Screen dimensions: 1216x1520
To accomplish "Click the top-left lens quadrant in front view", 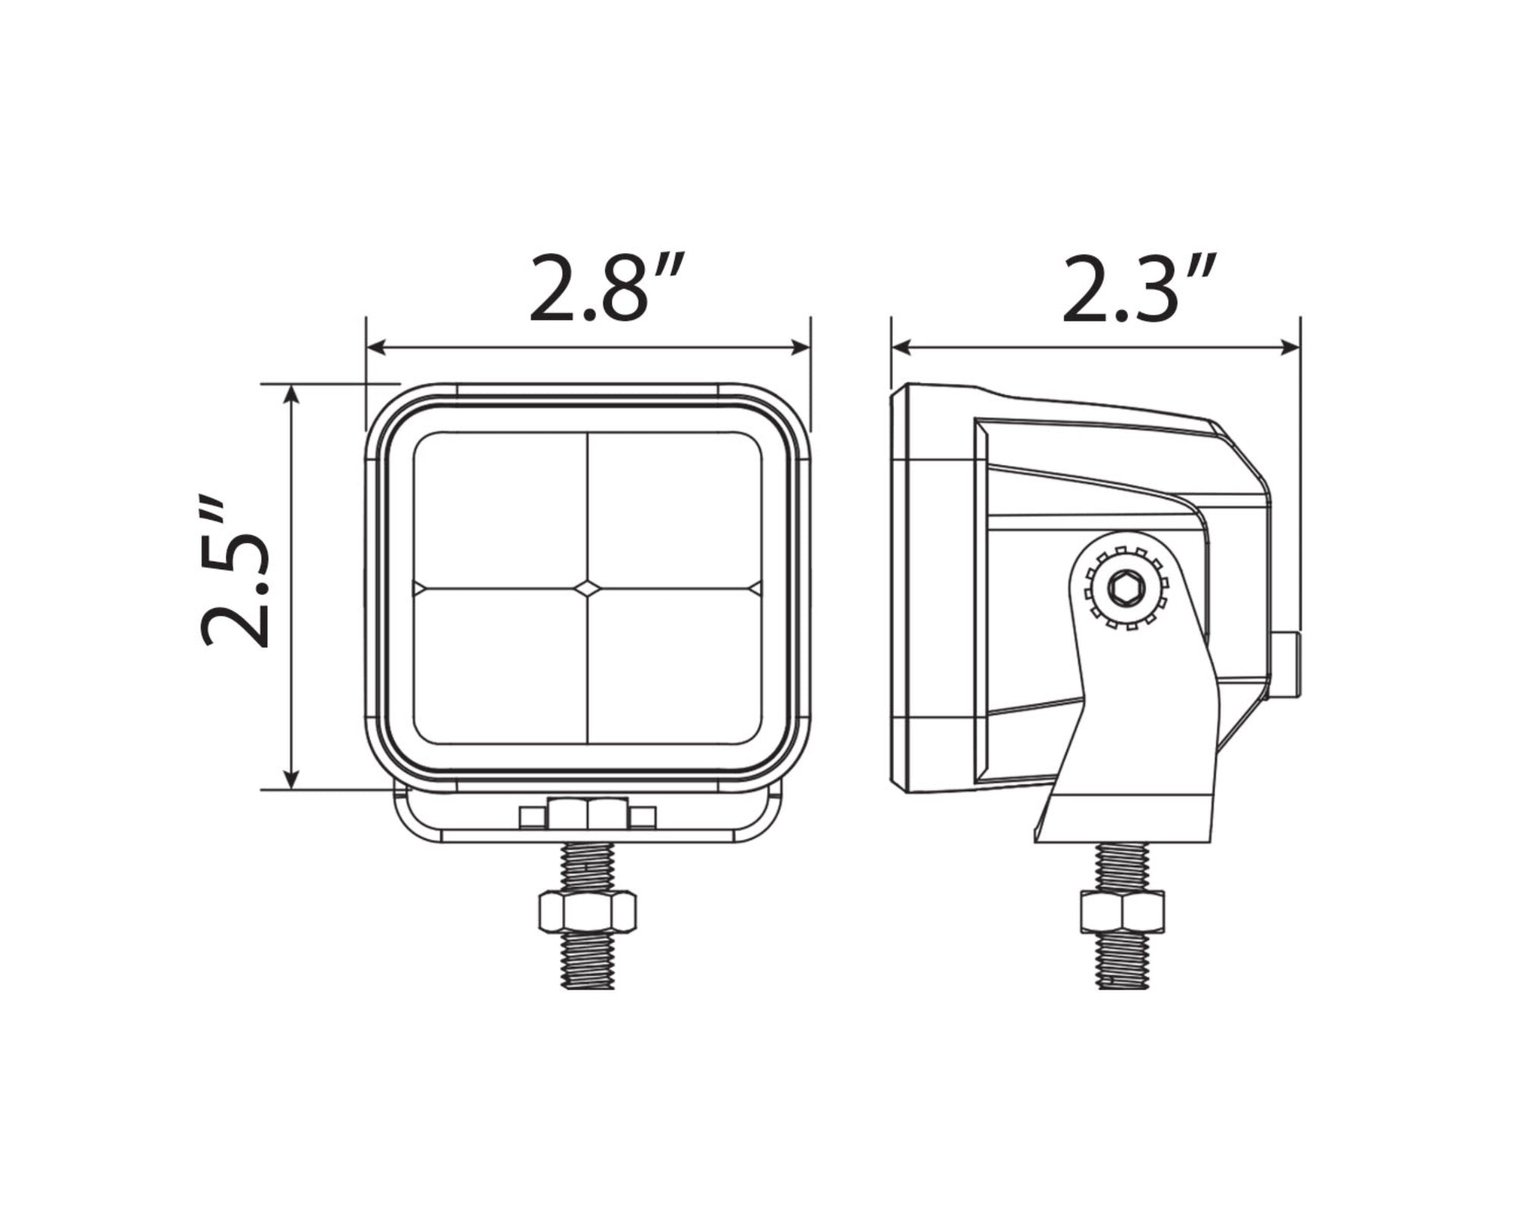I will coord(500,510).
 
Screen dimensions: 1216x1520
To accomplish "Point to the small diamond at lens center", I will coord(587,587).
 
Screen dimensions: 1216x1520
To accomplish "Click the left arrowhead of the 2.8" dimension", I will coord(377,348).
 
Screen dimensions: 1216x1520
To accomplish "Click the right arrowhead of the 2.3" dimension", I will coord(1290,348).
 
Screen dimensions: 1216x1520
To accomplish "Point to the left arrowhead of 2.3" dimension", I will coord(902,348).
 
